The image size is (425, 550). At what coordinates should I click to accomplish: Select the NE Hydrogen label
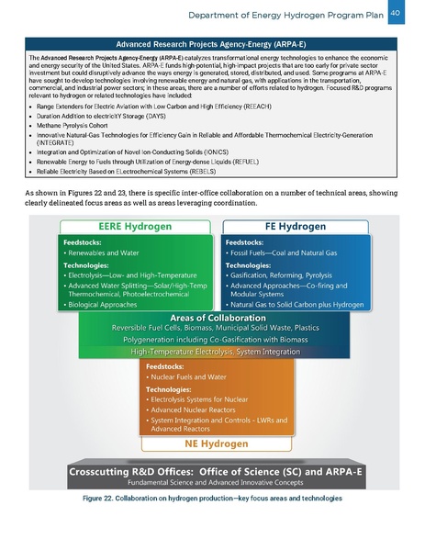[211, 443]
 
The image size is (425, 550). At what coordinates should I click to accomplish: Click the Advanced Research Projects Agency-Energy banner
[212, 43]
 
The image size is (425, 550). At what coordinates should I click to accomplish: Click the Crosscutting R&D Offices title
[211, 470]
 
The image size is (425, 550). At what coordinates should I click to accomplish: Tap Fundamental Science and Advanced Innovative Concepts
[212, 483]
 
